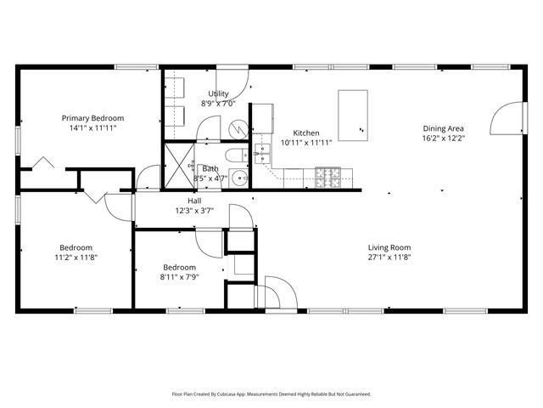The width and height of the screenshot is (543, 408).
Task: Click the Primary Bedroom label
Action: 92,118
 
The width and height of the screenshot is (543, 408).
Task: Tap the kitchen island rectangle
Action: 352,115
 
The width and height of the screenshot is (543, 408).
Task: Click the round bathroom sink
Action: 239,178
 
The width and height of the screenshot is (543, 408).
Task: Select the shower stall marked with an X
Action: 179,163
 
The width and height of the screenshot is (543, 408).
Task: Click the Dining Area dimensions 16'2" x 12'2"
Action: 444,139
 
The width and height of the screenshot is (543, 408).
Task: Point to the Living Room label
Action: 389,247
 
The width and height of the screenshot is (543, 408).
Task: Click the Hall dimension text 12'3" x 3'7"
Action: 194,211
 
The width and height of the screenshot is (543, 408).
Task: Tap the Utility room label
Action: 218,93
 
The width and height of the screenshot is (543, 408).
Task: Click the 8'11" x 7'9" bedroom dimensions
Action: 180,276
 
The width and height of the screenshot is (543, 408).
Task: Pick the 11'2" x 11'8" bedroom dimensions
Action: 76,258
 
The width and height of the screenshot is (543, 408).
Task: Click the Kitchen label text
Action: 305,133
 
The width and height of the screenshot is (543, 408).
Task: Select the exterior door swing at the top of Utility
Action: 233,81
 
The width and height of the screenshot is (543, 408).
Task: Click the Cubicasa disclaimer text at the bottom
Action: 271,394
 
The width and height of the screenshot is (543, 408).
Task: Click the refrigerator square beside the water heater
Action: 262,117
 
